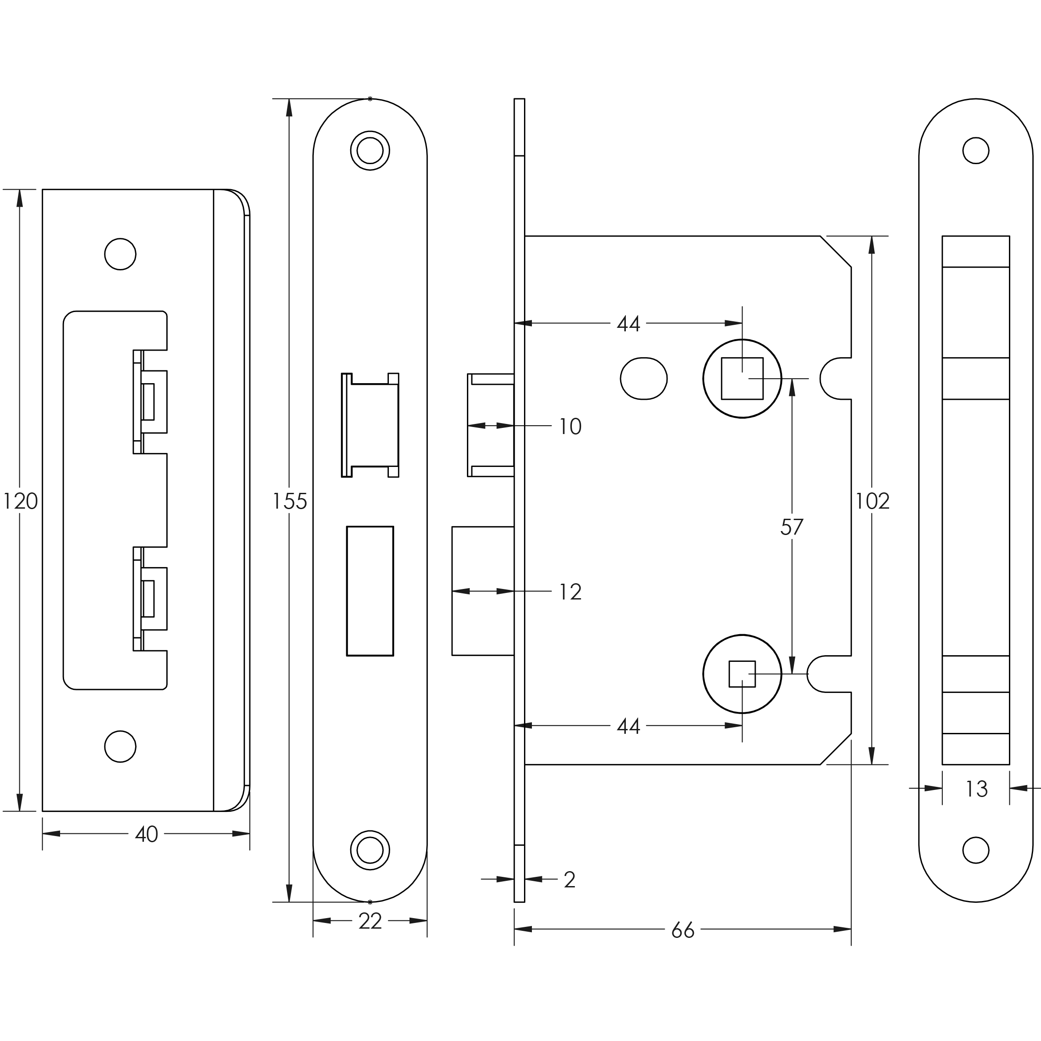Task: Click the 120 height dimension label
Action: (x=21, y=502)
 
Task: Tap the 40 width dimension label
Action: (x=146, y=834)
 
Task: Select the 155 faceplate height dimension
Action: (x=289, y=502)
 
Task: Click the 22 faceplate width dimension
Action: (x=370, y=921)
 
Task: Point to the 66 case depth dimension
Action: (x=683, y=930)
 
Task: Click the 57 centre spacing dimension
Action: (x=792, y=528)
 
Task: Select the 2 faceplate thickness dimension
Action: (x=570, y=880)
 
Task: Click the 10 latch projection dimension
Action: (x=570, y=427)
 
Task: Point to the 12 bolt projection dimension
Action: (x=570, y=592)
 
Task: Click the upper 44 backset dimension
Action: (x=628, y=324)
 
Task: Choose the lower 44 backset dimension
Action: (x=628, y=726)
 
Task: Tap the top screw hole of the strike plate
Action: (x=120, y=254)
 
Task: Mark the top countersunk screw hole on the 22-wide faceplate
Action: (x=370, y=151)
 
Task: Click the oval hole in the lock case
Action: (x=643, y=379)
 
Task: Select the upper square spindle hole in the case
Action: (x=742, y=379)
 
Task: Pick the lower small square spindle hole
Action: (x=742, y=674)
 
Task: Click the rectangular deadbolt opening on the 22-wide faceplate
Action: (x=370, y=591)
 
